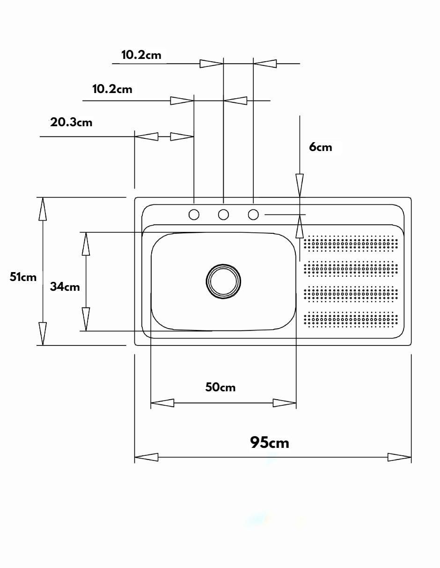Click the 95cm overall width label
(270, 443)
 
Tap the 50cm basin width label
(220, 387)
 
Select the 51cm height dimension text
(23, 277)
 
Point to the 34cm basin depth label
(65, 287)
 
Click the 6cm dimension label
(321, 147)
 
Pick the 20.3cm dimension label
(71, 122)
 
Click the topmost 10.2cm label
(141, 55)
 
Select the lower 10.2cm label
(112, 89)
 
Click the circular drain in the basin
(223, 281)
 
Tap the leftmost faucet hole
(194, 215)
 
